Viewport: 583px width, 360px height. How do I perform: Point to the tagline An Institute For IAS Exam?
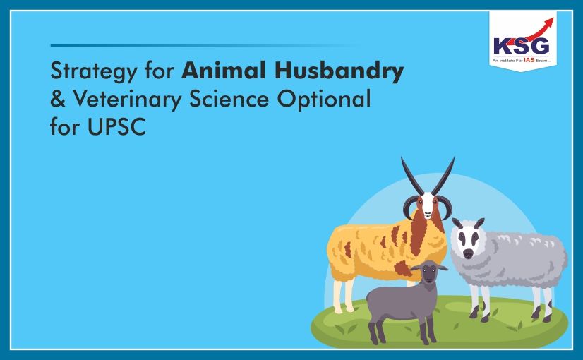point(522,61)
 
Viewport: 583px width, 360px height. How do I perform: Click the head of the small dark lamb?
point(428,273)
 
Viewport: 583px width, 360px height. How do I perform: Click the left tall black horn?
point(411,176)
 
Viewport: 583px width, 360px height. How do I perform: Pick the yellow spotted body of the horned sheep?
point(367,247)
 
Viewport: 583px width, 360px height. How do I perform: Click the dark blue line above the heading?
point(205,45)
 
